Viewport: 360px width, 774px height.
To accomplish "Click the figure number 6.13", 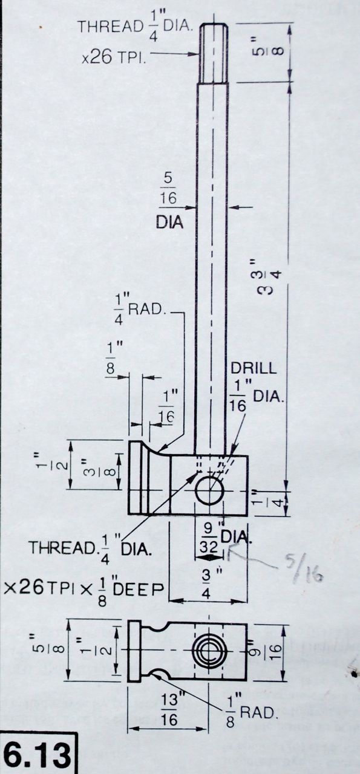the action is [x=37, y=755].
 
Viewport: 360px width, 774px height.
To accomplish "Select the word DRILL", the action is [x=254, y=368].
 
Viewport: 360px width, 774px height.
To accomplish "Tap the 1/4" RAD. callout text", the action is [x=139, y=309].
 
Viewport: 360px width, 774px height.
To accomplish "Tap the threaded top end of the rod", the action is [x=214, y=52].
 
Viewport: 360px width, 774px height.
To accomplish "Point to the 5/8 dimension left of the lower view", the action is [x=48, y=650].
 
